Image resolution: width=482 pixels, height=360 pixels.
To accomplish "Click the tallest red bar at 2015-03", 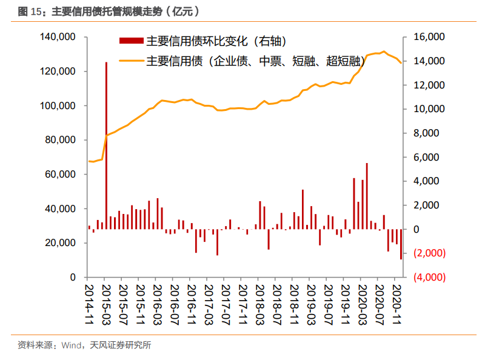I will [x=106, y=145].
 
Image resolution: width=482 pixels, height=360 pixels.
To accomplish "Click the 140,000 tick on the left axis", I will [x=58, y=38].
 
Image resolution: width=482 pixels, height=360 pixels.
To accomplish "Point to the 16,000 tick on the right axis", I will [x=429, y=38].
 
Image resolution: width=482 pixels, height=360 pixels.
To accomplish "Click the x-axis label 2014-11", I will [x=89, y=302].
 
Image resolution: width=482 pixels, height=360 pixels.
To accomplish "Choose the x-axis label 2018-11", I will [x=293, y=302].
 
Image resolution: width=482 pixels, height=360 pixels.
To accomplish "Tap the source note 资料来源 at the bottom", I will [x=34, y=345].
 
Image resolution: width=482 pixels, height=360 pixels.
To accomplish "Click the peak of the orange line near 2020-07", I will [x=383, y=52].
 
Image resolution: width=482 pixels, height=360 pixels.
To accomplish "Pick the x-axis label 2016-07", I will [x=174, y=302].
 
